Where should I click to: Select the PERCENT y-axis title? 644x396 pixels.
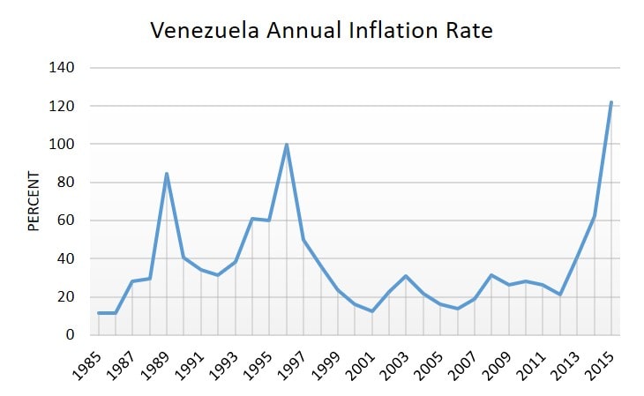[34, 201]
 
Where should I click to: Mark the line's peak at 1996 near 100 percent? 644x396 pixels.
[287, 145]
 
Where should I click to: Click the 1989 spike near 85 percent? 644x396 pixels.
[167, 174]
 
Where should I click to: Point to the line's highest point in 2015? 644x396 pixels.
[610, 102]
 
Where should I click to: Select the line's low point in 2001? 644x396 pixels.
[372, 311]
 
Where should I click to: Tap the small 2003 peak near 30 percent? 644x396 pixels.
[406, 276]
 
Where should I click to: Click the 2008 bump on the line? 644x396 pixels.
[491, 275]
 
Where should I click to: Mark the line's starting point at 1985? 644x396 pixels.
[99, 313]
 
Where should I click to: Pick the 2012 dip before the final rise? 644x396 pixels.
[559, 295]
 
